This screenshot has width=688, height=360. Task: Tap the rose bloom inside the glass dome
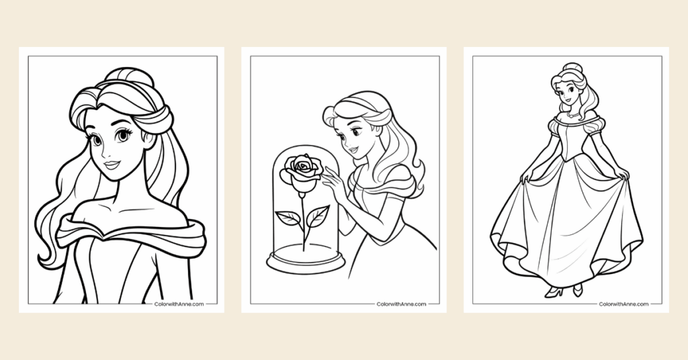pos(300,170)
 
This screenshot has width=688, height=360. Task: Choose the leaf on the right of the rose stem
pos(317,216)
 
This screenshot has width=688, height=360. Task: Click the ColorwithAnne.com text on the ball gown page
pos(623,304)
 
